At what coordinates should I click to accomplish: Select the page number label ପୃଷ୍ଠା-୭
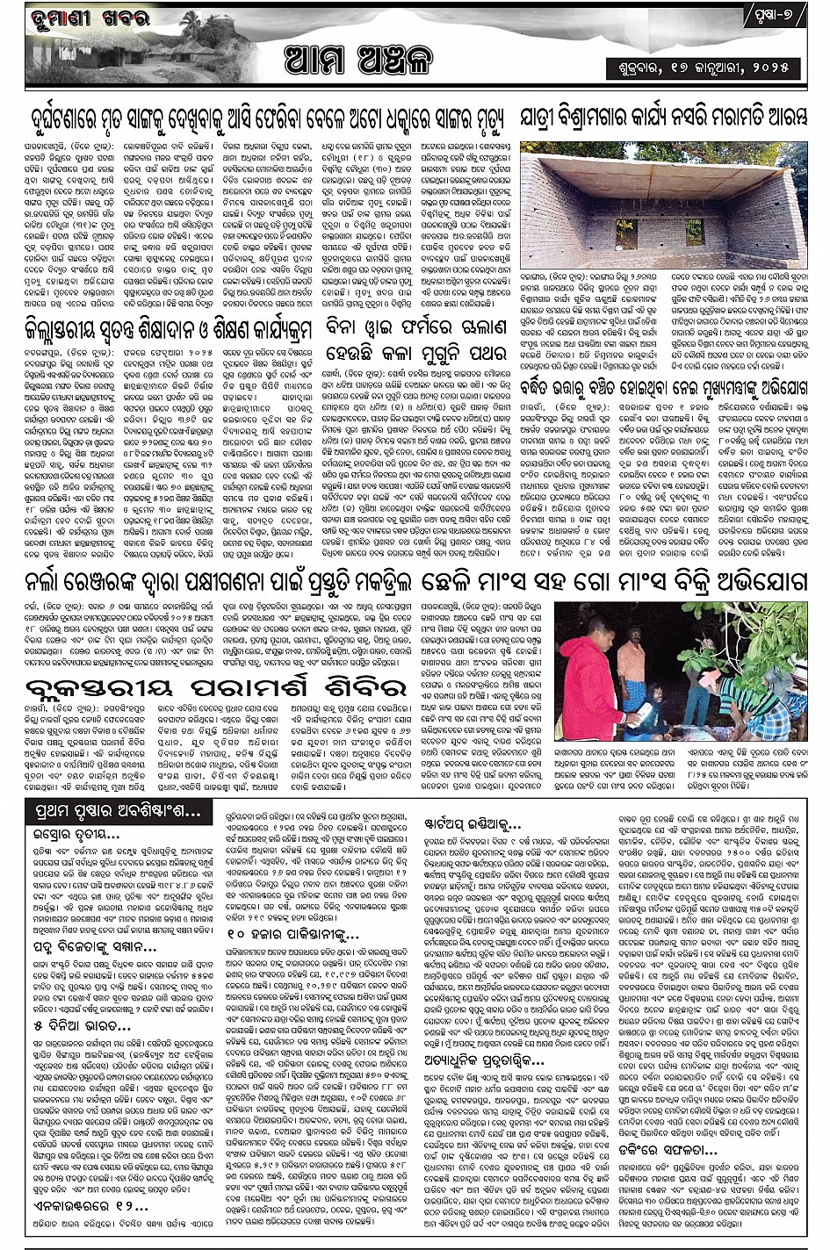coord(776,18)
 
